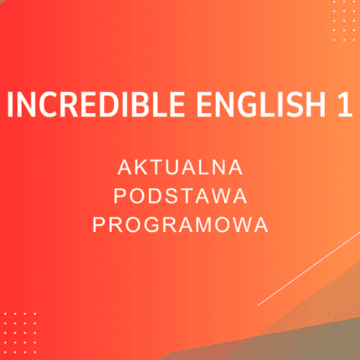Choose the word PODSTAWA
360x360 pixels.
[180, 196]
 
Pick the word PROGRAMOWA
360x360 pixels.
[180, 225]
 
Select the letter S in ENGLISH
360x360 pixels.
[294, 107]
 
